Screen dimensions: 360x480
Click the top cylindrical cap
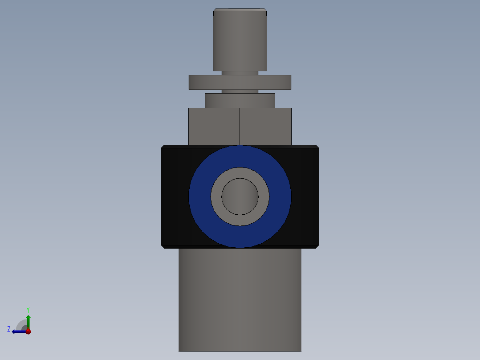[x=240, y=40]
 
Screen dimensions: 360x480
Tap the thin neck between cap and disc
[x=240, y=73]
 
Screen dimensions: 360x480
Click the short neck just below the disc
[x=240, y=91]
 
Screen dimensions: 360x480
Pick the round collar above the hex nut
[x=240, y=100]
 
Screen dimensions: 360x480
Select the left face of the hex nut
[x=214, y=127]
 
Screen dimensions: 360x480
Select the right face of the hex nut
[x=265, y=127]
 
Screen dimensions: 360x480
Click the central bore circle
[x=240, y=196]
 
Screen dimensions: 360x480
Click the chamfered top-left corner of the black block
[x=163, y=147]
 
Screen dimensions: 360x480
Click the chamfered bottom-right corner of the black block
[x=317, y=246]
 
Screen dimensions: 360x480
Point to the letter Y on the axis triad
[x=28, y=309]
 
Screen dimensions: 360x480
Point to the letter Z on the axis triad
[x=9, y=329]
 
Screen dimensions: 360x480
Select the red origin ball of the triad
[x=28, y=331]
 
